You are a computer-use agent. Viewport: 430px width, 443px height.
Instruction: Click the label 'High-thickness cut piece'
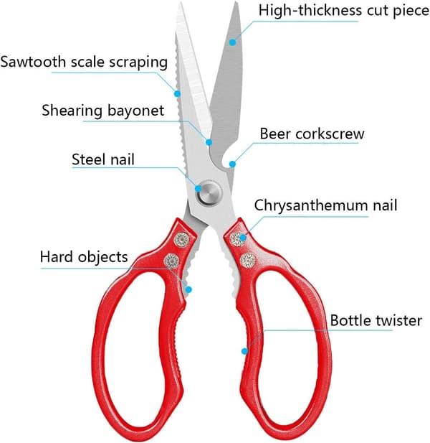344,11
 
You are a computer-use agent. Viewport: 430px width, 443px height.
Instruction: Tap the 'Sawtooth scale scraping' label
84,62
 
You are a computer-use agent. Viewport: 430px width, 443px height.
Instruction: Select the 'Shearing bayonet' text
103,111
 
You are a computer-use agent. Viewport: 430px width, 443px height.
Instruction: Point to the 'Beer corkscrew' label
312,134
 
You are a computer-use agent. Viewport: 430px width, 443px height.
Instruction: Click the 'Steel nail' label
103,159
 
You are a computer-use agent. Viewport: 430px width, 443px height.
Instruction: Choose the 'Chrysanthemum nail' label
325,205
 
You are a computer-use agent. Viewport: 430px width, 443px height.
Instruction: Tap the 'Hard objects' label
84,257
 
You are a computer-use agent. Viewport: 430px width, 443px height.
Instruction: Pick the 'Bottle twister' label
376,320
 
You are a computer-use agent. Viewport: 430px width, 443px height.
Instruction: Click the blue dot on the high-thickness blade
232,42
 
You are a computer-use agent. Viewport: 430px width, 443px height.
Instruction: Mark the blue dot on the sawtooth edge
177,93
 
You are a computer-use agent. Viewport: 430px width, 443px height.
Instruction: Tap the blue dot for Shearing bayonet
209,142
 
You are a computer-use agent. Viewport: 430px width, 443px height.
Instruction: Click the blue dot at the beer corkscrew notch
232,164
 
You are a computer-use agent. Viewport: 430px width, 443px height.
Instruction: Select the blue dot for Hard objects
189,289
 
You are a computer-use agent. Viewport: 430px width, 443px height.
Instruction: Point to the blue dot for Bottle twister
245,351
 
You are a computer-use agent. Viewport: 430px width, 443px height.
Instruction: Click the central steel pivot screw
209,193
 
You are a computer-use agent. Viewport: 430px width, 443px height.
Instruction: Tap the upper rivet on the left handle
181,240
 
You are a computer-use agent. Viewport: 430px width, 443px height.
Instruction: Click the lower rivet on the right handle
248,260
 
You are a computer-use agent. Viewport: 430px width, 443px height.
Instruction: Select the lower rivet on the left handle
172,261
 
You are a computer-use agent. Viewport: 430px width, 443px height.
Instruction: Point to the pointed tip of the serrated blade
179,3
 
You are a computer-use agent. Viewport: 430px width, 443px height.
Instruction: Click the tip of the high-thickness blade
235,3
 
